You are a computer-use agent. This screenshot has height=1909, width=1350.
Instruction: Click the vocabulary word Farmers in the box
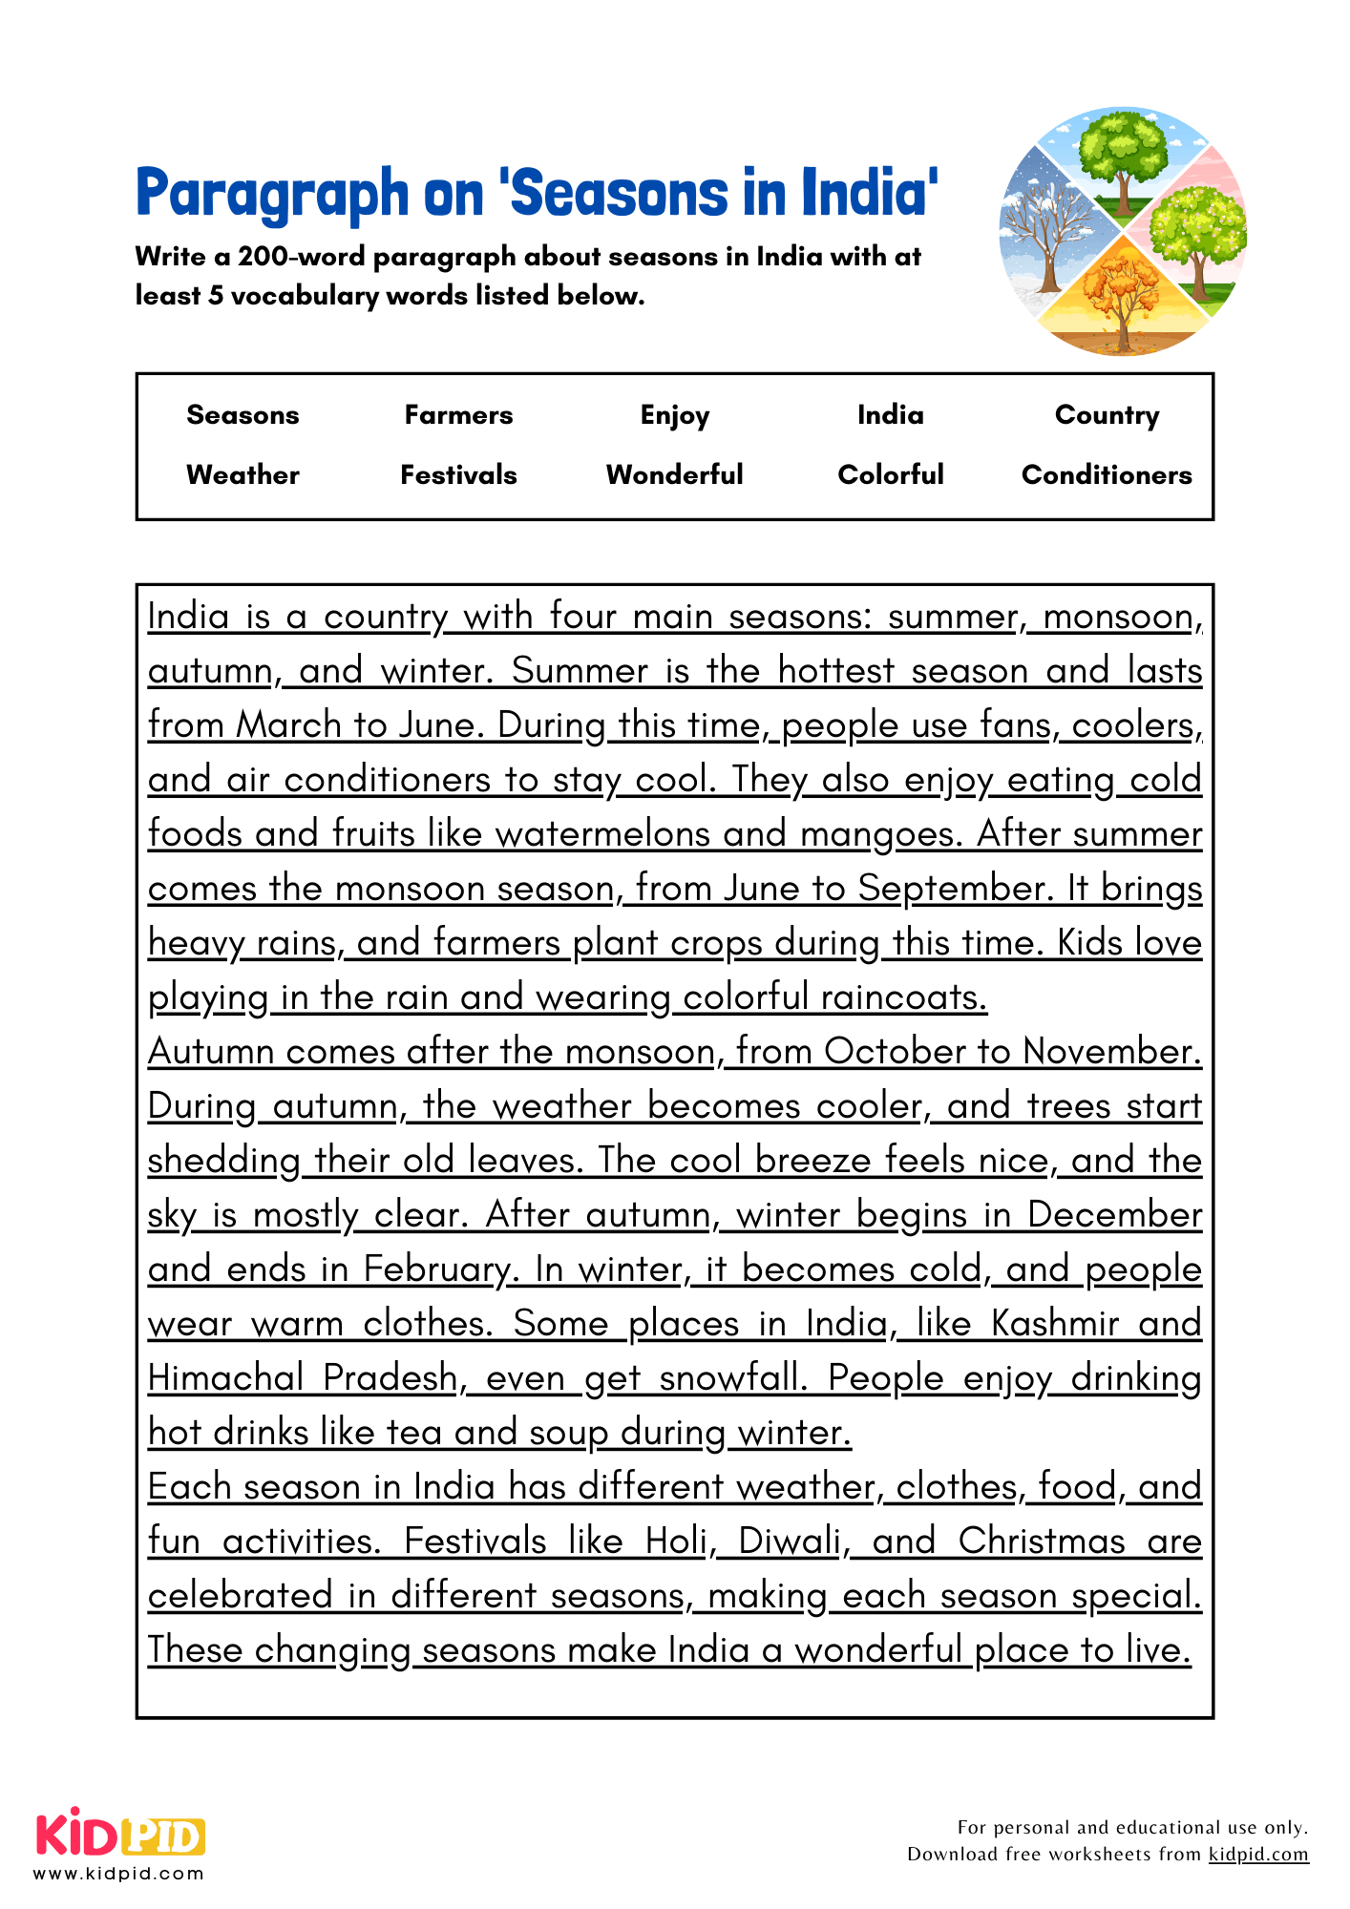click(458, 415)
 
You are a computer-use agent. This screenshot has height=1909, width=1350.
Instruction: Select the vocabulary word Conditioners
click(1107, 475)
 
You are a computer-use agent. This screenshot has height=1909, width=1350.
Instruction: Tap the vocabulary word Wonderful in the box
click(674, 475)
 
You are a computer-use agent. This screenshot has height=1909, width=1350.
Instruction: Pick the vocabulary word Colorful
click(890, 475)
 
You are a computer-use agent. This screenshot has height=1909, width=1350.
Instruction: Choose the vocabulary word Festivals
click(458, 475)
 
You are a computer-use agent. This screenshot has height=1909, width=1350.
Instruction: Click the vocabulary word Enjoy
click(674, 416)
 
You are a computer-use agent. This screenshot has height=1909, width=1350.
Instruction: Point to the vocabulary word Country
click(1107, 415)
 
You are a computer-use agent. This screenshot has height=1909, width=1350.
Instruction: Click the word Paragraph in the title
click(272, 194)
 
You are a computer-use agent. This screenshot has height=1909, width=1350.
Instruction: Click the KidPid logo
click(120, 1835)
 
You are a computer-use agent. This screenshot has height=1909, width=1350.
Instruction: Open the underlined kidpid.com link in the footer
click(1258, 1854)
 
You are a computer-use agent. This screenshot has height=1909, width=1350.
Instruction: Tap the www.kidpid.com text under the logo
click(119, 1873)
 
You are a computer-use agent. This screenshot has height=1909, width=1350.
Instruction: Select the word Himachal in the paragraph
click(225, 1378)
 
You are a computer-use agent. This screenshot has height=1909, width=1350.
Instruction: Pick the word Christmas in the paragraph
click(1042, 1542)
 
